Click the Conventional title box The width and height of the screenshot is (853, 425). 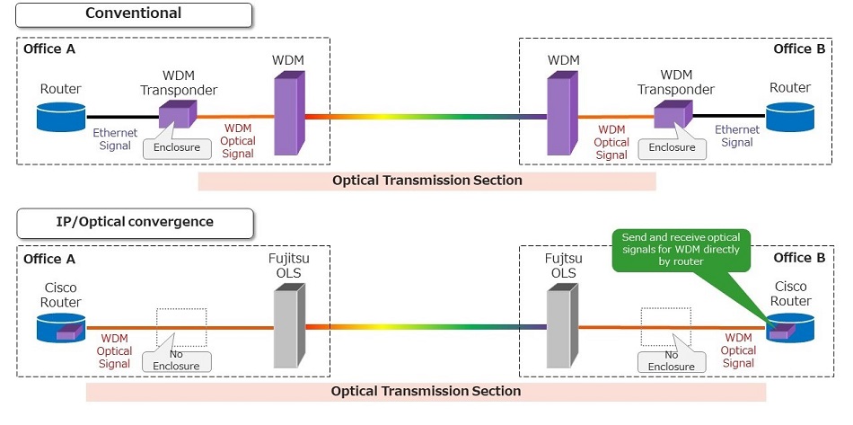(x=133, y=14)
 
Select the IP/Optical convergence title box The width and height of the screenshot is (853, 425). (x=133, y=221)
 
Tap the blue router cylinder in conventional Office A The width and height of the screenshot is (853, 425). (x=61, y=116)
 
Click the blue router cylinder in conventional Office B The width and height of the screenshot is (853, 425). (x=789, y=116)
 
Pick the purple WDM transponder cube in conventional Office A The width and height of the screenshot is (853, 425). (x=176, y=114)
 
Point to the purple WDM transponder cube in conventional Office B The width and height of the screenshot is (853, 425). (x=674, y=114)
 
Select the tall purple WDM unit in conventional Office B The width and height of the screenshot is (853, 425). (x=562, y=115)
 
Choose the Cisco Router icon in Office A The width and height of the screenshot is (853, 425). (x=61, y=327)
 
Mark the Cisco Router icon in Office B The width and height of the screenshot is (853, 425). (x=789, y=327)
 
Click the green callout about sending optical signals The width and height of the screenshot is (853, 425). (x=683, y=249)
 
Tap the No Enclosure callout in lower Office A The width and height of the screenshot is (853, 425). (x=177, y=361)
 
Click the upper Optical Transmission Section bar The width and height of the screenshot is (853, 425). (x=426, y=181)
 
